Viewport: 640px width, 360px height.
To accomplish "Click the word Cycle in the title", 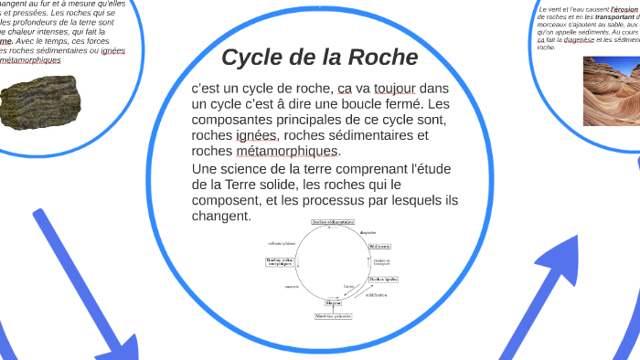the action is point(258,58).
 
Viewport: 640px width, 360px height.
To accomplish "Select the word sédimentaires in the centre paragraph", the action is point(375,135).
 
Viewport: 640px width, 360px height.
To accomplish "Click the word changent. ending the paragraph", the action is point(220,217).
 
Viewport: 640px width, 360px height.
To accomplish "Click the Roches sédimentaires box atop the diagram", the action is point(332,222).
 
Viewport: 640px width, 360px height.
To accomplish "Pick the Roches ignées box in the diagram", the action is point(382,280).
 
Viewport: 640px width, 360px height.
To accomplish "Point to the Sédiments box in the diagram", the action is point(380,247).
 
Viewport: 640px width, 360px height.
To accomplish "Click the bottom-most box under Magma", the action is point(334,317).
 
